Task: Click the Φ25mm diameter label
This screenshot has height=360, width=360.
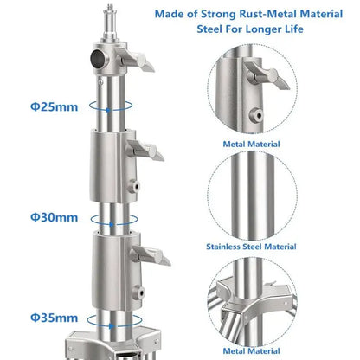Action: (x=55, y=106)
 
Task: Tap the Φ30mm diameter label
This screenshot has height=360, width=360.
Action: (x=55, y=217)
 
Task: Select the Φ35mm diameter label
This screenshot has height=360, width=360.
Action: (x=55, y=318)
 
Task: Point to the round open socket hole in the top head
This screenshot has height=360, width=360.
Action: (x=98, y=59)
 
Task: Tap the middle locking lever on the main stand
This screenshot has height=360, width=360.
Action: (x=145, y=151)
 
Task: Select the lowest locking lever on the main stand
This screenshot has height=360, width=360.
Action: (x=151, y=255)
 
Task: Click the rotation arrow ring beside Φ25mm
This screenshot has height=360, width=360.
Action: (x=111, y=106)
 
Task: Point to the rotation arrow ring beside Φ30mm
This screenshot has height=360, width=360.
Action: (x=114, y=220)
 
